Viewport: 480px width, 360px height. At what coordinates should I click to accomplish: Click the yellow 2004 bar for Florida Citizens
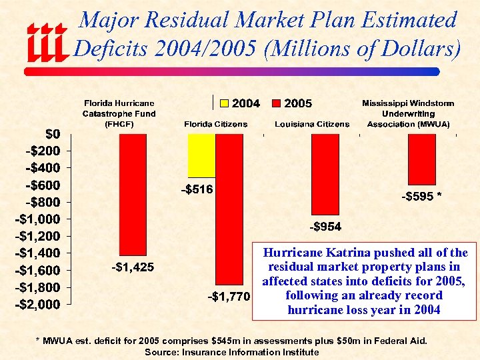(x=201, y=155)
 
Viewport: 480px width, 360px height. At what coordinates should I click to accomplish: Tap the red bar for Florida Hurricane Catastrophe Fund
(x=133, y=194)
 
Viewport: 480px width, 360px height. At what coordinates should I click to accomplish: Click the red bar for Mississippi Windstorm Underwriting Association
(x=421, y=159)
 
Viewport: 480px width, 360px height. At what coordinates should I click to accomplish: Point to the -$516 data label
(x=197, y=190)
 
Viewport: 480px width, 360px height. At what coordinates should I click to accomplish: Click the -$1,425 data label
(x=133, y=267)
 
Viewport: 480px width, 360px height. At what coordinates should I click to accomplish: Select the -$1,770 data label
(x=227, y=296)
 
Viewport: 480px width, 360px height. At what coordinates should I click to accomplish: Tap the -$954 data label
(x=325, y=227)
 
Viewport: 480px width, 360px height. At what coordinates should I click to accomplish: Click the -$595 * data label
(x=422, y=197)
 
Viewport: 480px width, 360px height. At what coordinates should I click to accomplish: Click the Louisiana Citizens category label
(x=312, y=124)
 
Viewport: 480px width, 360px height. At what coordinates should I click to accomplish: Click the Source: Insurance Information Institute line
(x=231, y=352)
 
